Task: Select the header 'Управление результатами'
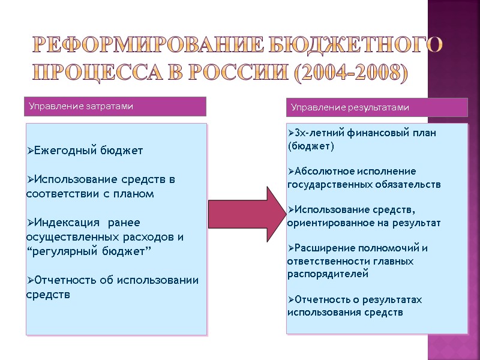(x=350, y=107)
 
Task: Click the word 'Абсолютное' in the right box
(x=321, y=171)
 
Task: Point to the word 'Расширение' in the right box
(x=322, y=248)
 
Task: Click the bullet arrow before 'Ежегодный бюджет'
(x=30, y=151)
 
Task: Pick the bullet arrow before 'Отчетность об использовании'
(x=30, y=281)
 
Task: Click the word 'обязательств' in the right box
(x=412, y=184)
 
